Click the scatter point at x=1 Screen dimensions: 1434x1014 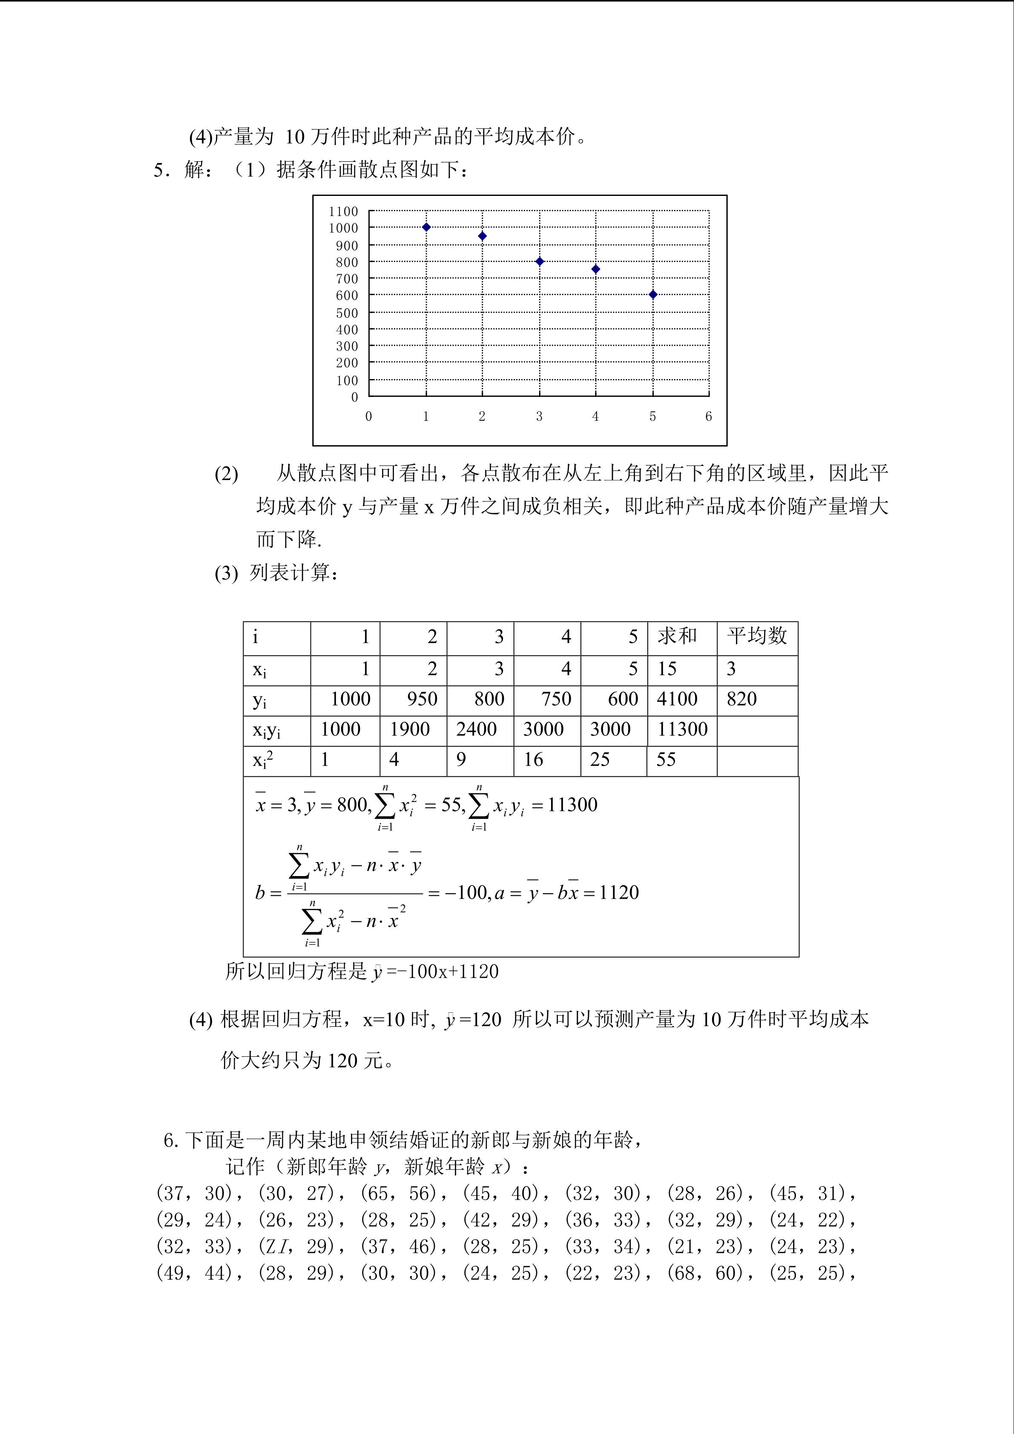click(426, 227)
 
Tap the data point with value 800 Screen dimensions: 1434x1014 click(540, 262)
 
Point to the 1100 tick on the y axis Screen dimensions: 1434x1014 click(343, 212)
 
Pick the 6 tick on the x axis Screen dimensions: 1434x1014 click(709, 417)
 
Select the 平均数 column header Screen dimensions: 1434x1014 click(757, 636)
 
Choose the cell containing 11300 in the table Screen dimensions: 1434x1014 click(682, 729)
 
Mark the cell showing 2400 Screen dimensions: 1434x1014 click(477, 729)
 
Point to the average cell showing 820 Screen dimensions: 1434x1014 click(742, 699)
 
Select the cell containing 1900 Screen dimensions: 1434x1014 click(410, 729)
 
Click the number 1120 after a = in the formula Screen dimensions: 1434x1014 click(619, 893)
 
